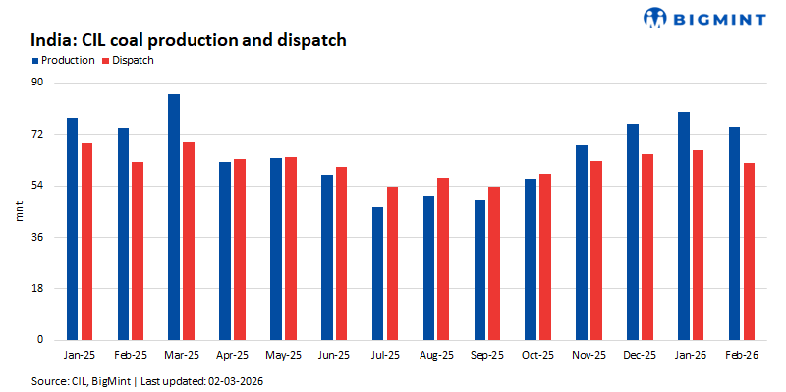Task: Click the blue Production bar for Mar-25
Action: [x=174, y=217]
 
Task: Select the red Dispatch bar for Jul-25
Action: [x=393, y=263]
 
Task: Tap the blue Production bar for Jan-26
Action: [x=684, y=226]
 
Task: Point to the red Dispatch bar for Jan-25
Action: [x=87, y=242]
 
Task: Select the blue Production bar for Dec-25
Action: [x=633, y=232]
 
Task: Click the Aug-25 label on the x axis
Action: [x=436, y=355]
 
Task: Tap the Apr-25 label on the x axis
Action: [x=233, y=355]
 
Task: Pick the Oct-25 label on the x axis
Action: [x=538, y=355]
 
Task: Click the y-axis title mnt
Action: [x=17, y=211]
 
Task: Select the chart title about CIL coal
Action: [x=189, y=40]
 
